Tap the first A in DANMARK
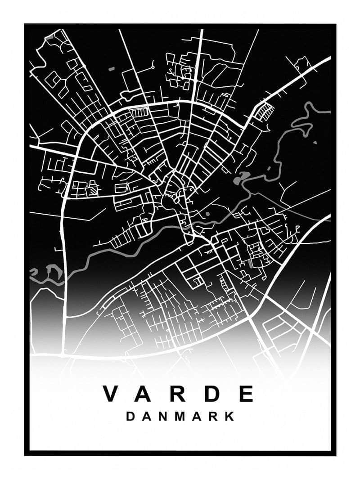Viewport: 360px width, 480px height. tap(146, 416)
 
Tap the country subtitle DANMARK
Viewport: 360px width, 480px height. tap(180, 416)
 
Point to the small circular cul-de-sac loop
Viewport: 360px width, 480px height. tap(153, 67)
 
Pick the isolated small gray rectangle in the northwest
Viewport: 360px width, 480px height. tap(111, 69)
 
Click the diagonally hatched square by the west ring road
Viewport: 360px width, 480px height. tap(93, 191)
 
